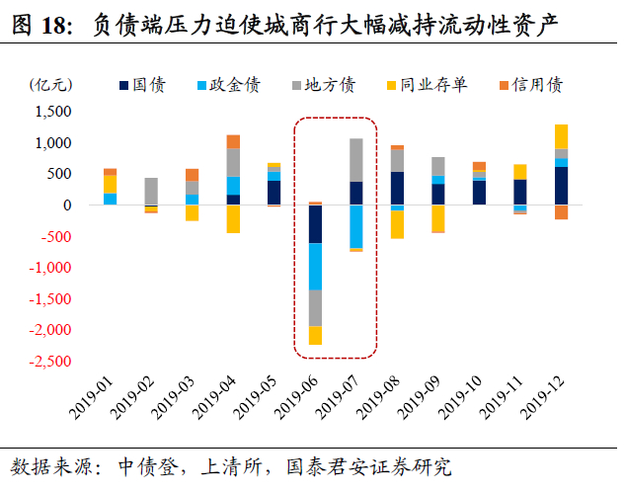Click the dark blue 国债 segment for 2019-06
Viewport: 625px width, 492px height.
click(315, 223)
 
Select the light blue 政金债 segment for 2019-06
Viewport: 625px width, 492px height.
click(315, 267)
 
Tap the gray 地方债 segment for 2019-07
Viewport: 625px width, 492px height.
click(356, 160)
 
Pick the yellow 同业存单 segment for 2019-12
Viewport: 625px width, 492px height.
click(561, 136)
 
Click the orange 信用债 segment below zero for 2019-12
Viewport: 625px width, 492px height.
click(561, 212)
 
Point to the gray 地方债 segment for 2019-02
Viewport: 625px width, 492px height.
click(151, 191)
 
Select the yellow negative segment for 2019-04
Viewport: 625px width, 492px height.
click(233, 219)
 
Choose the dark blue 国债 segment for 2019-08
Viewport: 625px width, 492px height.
click(397, 188)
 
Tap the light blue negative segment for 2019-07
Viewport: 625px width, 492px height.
click(356, 226)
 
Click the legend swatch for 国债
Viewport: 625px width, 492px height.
click(124, 85)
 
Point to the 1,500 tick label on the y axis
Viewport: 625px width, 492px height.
click(53, 112)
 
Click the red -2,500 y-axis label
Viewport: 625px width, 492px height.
click(50, 362)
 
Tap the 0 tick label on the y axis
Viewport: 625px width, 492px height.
click(67, 205)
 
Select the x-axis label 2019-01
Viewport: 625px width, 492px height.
click(91, 398)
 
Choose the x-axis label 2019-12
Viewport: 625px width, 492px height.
click(542, 398)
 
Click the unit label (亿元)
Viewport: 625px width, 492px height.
click(50, 85)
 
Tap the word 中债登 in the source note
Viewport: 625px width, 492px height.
click(148, 467)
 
